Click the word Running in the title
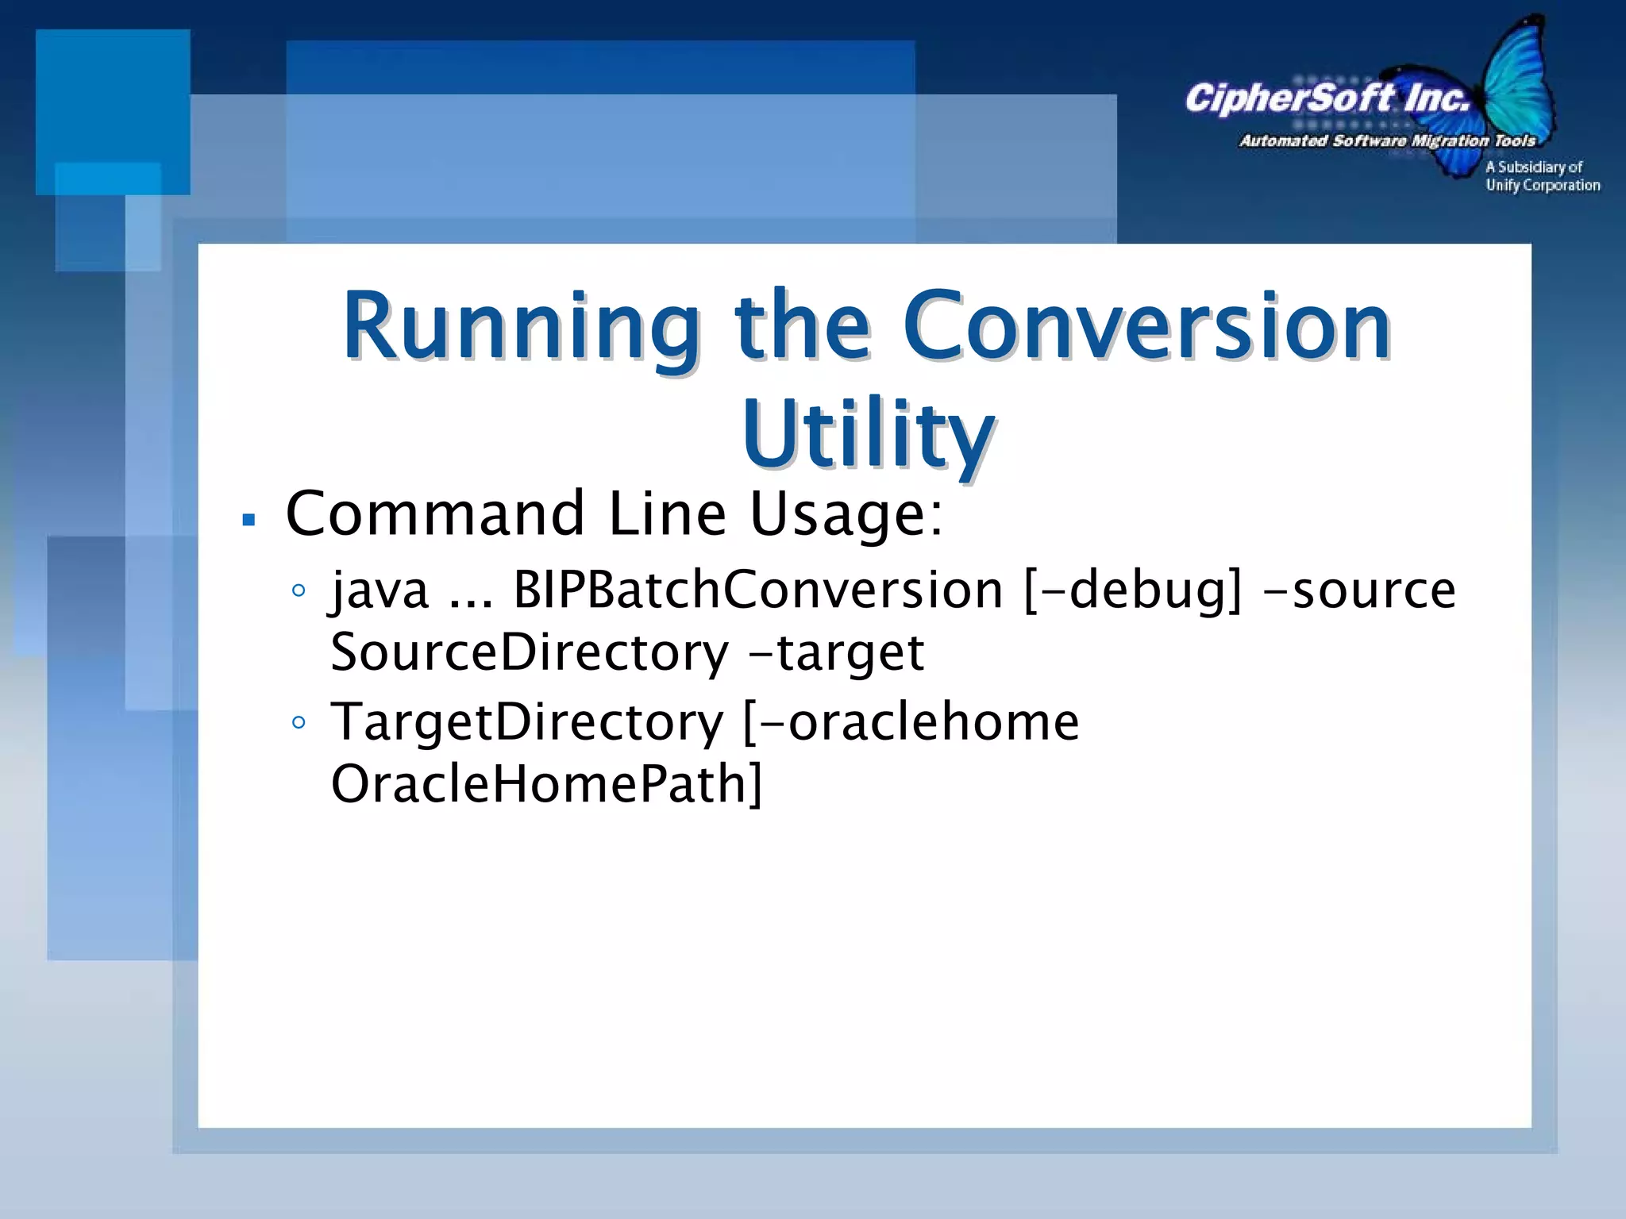(x=521, y=328)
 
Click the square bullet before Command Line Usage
(x=249, y=521)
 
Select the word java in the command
(x=380, y=590)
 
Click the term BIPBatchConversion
(x=758, y=590)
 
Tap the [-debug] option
(x=1133, y=590)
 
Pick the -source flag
(x=1358, y=590)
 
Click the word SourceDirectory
(x=530, y=652)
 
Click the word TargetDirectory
(x=527, y=722)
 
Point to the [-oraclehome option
(x=911, y=722)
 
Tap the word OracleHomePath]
(x=546, y=784)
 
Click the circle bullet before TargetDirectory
(x=299, y=722)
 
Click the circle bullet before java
(x=299, y=590)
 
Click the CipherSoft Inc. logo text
(x=1327, y=99)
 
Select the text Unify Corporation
(x=1543, y=186)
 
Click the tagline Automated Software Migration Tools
(x=1387, y=141)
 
